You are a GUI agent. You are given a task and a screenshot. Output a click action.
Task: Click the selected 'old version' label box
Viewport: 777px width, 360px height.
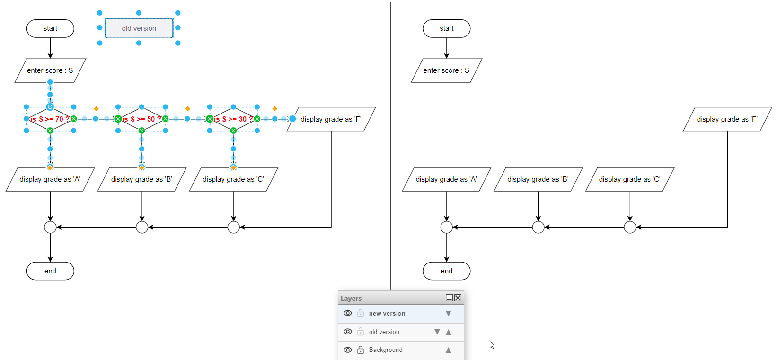point(139,28)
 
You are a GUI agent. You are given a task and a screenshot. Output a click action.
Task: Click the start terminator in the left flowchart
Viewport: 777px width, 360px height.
point(50,28)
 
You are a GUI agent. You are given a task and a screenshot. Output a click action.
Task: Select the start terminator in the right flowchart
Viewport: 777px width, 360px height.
point(446,28)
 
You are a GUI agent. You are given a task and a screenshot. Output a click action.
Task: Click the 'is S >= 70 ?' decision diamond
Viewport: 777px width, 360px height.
point(50,119)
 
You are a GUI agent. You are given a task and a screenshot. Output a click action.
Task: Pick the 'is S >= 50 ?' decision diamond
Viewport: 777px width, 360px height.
point(141,119)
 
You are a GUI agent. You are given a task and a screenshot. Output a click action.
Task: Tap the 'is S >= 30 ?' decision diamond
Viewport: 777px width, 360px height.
point(233,119)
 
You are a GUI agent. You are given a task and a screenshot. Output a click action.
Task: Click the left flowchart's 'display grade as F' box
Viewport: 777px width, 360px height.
point(331,119)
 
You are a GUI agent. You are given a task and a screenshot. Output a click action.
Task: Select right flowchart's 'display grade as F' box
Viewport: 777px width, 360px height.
point(727,119)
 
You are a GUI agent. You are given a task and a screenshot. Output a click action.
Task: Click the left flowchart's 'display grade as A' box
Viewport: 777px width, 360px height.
point(50,179)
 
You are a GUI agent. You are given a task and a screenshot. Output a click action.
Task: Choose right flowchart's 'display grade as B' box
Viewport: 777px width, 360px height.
point(538,179)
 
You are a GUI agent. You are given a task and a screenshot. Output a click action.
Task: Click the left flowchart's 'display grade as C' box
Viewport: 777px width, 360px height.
point(233,179)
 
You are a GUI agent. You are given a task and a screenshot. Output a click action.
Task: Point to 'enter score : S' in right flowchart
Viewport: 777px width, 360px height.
point(446,70)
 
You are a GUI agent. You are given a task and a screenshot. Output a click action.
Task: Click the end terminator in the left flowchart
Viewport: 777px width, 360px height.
point(50,271)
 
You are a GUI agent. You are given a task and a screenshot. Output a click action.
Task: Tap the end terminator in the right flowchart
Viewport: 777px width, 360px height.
point(446,271)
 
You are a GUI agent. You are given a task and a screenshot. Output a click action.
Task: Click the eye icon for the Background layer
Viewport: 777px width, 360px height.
point(348,350)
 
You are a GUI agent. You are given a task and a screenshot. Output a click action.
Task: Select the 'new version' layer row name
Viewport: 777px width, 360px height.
point(387,314)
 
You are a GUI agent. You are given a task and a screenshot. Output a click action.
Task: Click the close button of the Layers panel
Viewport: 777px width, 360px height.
point(458,298)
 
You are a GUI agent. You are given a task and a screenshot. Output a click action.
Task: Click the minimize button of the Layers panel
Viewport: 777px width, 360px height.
point(449,298)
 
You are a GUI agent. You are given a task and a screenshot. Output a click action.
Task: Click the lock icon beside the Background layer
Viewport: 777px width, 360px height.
point(361,350)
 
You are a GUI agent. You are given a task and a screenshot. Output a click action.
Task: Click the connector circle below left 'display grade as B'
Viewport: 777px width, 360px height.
point(142,227)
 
